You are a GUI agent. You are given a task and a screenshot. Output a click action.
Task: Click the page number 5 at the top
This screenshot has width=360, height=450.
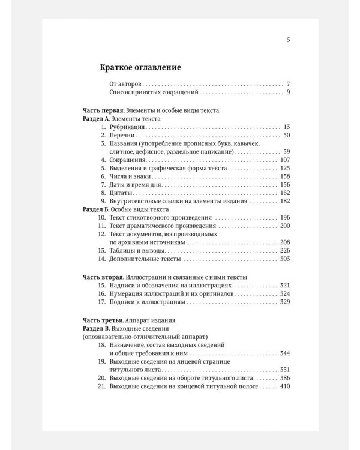(288, 41)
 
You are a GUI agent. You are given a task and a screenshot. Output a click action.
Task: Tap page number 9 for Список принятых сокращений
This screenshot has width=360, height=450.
(288, 92)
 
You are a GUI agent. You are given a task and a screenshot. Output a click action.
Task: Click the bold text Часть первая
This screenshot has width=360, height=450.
(103, 111)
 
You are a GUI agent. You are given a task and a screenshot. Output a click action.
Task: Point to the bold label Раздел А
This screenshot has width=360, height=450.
(95, 119)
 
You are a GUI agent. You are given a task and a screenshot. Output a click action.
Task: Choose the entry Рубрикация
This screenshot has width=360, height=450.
(127, 128)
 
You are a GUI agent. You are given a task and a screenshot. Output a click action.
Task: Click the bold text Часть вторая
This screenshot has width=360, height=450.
(103, 277)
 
